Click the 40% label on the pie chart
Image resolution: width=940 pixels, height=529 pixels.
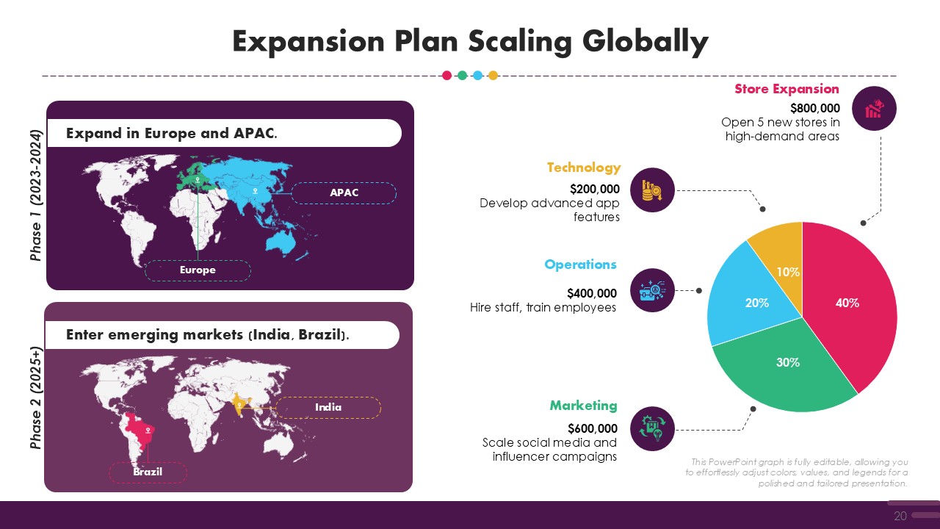pos(847,303)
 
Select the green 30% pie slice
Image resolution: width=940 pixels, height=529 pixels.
pos(785,370)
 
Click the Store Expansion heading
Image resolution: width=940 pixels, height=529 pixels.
pos(787,89)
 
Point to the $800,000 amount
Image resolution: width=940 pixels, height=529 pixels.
pos(815,108)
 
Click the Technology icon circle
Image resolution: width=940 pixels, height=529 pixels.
pos(652,190)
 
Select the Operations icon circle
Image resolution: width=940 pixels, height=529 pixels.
pos(652,290)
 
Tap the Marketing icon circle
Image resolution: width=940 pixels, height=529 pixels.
pos(652,428)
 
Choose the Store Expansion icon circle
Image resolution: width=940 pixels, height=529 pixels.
pos(874,108)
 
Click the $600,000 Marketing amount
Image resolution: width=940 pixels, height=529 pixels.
pos(593,428)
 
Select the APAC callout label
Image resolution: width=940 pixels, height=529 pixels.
pos(344,192)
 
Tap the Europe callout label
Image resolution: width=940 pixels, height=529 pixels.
pos(198,270)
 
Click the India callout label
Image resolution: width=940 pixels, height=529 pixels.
pos(328,407)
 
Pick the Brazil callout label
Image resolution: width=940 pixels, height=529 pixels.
pos(148,472)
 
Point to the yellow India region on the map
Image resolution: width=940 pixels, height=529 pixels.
pos(240,404)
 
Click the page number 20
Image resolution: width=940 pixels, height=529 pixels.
pos(900,516)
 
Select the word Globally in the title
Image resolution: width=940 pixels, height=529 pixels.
pos(646,42)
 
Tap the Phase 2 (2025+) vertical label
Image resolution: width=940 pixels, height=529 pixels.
pos(36,397)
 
